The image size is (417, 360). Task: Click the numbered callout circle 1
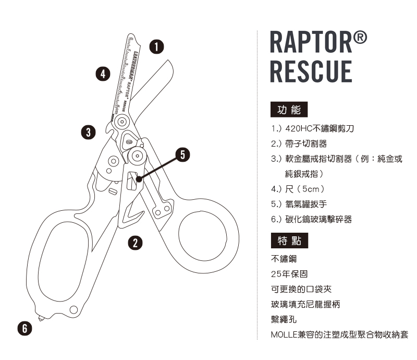click(156, 46)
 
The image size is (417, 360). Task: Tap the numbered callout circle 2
click(135, 242)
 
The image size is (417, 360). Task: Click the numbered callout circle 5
click(182, 154)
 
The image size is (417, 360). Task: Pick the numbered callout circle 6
click(24, 328)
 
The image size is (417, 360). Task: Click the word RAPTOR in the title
click(312, 45)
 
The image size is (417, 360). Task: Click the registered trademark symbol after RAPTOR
click(361, 39)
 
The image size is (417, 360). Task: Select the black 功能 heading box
click(289, 110)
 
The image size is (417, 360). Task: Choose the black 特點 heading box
click(289, 241)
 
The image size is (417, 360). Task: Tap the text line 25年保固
click(288, 273)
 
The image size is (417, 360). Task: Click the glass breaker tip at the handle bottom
click(41, 317)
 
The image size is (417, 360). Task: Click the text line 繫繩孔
click(282, 318)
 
